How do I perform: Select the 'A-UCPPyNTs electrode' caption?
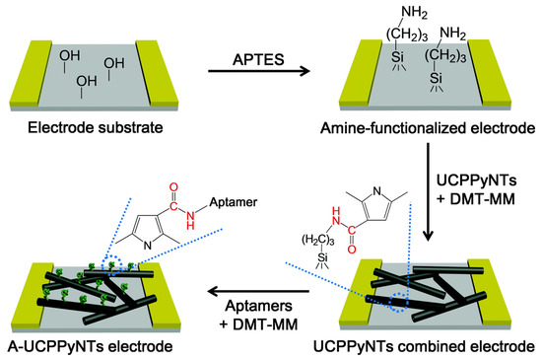click(x=78, y=346)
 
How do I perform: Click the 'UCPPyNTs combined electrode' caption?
click(x=427, y=346)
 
